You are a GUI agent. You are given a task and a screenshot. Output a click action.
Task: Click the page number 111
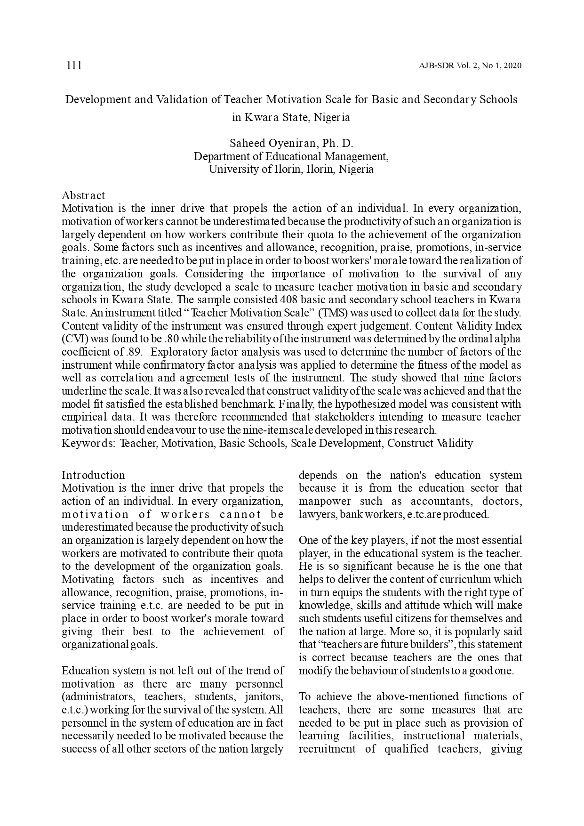(x=74, y=65)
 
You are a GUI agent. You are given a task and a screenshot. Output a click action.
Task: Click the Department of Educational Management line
(x=291, y=156)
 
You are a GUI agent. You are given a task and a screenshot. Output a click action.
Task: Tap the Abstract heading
(x=83, y=195)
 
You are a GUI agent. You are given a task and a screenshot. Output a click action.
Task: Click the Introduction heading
(x=93, y=475)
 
